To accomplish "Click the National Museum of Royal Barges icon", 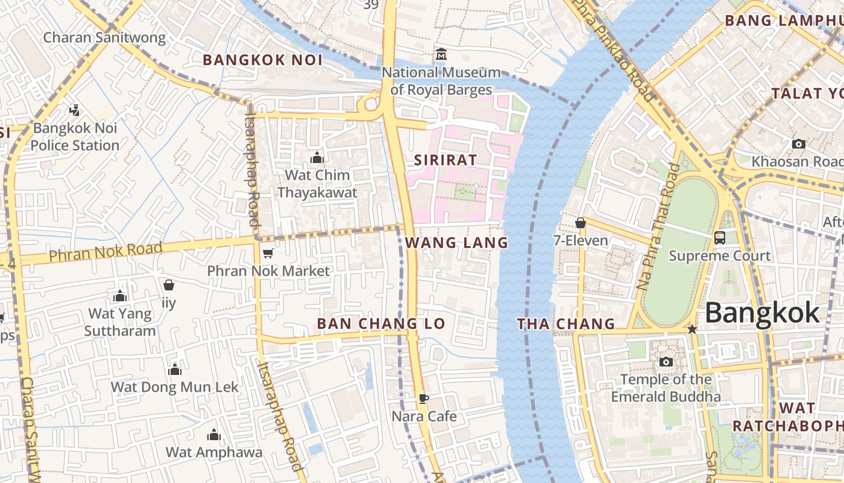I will (x=441, y=55).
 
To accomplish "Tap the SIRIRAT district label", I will (x=446, y=160).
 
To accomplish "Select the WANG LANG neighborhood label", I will (x=456, y=243).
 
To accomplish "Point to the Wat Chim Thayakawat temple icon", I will (x=317, y=158).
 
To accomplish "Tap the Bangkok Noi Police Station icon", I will (x=75, y=110).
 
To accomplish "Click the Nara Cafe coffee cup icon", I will (x=424, y=398).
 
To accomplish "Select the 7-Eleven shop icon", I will (x=581, y=223).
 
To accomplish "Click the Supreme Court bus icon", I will (x=720, y=237).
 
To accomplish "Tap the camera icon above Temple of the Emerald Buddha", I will (x=666, y=362).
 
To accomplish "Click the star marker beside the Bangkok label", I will (x=692, y=329).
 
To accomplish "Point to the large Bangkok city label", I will (x=762, y=313).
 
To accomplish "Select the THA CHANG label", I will (x=565, y=324).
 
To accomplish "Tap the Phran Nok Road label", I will (x=105, y=252).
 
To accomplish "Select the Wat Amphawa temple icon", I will (x=214, y=435).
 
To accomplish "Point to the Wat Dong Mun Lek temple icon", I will (x=175, y=369).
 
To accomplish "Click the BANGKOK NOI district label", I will (x=262, y=60).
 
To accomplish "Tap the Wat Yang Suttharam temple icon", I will (x=120, y=296).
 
